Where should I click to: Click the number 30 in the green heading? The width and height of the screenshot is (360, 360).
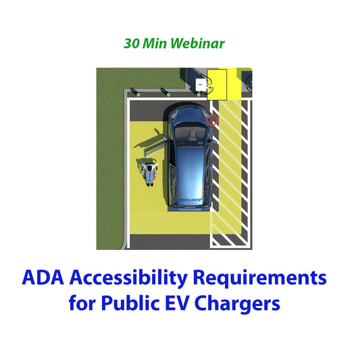tap(132, 44)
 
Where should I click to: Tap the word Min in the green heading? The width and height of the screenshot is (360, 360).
tap(155, 44)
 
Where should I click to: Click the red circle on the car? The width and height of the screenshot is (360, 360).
tap(211, 120)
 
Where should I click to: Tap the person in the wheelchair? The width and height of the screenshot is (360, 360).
tap(150, 170)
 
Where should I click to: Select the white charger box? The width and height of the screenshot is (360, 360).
tap(201, 85)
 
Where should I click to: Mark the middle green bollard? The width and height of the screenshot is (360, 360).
tap(163, 92)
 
